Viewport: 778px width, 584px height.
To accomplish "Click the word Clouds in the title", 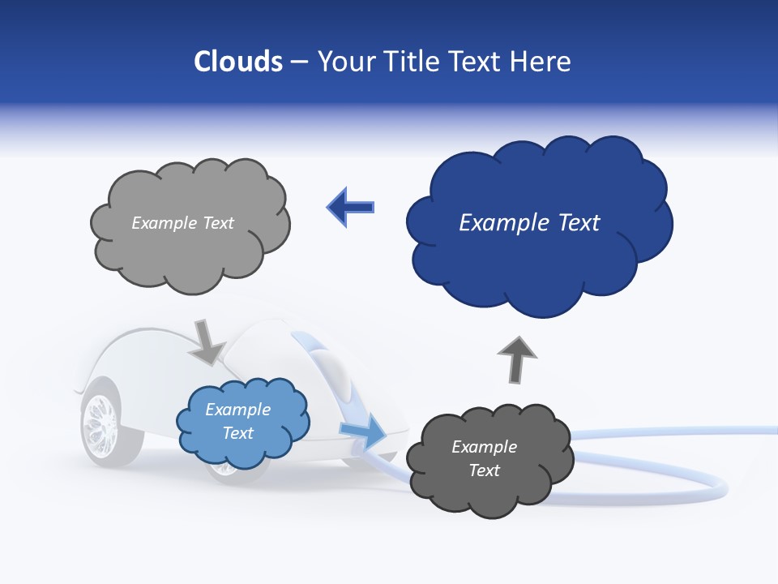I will pyautogui.click(x=238, y=62).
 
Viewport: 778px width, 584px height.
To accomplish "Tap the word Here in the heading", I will pyautogui.click(x=541, y=62).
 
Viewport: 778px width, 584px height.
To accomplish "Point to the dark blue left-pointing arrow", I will pyautogui.click(x=350, y=208).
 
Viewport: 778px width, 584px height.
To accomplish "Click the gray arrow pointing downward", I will pyautogui.click(x=207, y=341).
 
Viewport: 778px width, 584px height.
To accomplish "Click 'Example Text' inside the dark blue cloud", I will pyautogui.click(x=529, y=223).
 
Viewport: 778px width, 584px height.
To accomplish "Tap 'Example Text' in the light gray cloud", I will pyautogui.click(x=182, y=223).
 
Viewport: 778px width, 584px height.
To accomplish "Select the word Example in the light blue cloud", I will pyautogui.click(x=237, y=410).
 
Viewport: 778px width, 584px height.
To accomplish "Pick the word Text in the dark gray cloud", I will pyautogui.click(x=484, y=470).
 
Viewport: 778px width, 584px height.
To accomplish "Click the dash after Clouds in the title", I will pyautogui.click(x=299, y=62).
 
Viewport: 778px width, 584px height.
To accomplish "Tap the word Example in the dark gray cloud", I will pyautogui.click(x=484, y=447).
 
